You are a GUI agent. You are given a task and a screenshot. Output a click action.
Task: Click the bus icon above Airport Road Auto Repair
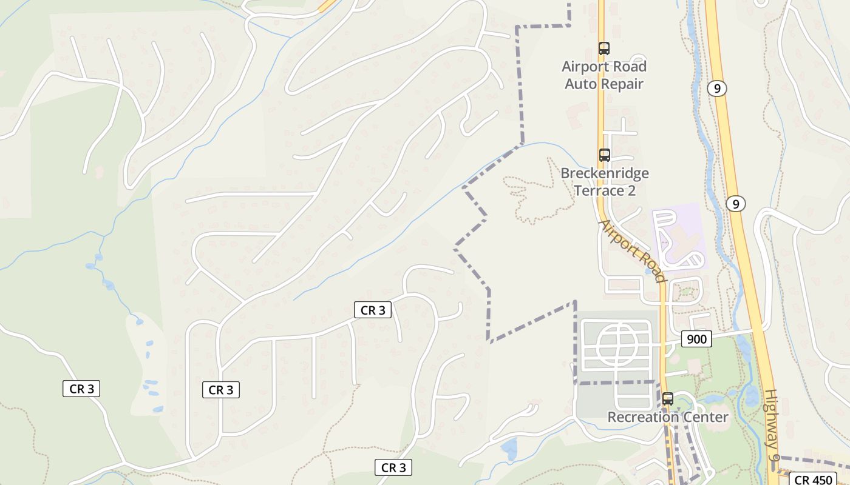(603, 48)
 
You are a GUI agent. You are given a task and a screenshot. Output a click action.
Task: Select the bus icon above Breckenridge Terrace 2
(604, 155)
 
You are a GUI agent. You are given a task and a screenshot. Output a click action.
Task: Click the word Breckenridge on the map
(604, 173)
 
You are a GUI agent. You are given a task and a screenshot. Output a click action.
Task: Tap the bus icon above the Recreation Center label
(668, 399)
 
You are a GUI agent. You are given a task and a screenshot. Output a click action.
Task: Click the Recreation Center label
(667, 417)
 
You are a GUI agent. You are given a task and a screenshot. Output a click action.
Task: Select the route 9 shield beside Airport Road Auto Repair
(717, 89)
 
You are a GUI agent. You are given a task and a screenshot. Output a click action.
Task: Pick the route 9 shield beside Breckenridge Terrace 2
(735, 204)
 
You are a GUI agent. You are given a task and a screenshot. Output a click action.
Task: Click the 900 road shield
(696, 339)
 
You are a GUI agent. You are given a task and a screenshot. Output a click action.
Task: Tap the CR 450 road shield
(814, 480)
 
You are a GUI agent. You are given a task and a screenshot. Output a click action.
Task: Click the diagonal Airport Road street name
(633, 251)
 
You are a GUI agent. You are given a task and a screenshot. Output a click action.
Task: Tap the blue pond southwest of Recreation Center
(509, 449)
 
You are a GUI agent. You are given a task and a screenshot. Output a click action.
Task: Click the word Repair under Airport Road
(622, 84)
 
